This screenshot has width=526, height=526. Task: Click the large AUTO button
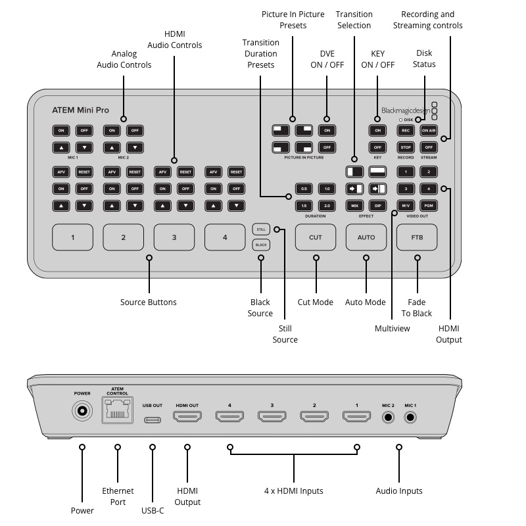coord(366,237)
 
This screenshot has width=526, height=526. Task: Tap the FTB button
coord(417,237)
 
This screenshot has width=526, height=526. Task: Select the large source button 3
coord(174,237)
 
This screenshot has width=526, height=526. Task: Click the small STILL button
coord(260,229)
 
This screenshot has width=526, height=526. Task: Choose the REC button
coord(406,130)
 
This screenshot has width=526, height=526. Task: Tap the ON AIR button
coord(429,130)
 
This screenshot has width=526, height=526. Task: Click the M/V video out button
coord(406,206)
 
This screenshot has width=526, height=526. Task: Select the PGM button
coord(429,206)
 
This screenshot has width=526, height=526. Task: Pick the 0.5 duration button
coord(304,189)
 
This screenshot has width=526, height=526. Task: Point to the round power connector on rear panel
coord(82,412)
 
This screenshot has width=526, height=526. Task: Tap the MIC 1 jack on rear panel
coord(412,416)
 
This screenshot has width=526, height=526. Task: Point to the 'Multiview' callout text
coord(392,328)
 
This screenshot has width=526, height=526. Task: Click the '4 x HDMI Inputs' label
coord(293,490)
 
